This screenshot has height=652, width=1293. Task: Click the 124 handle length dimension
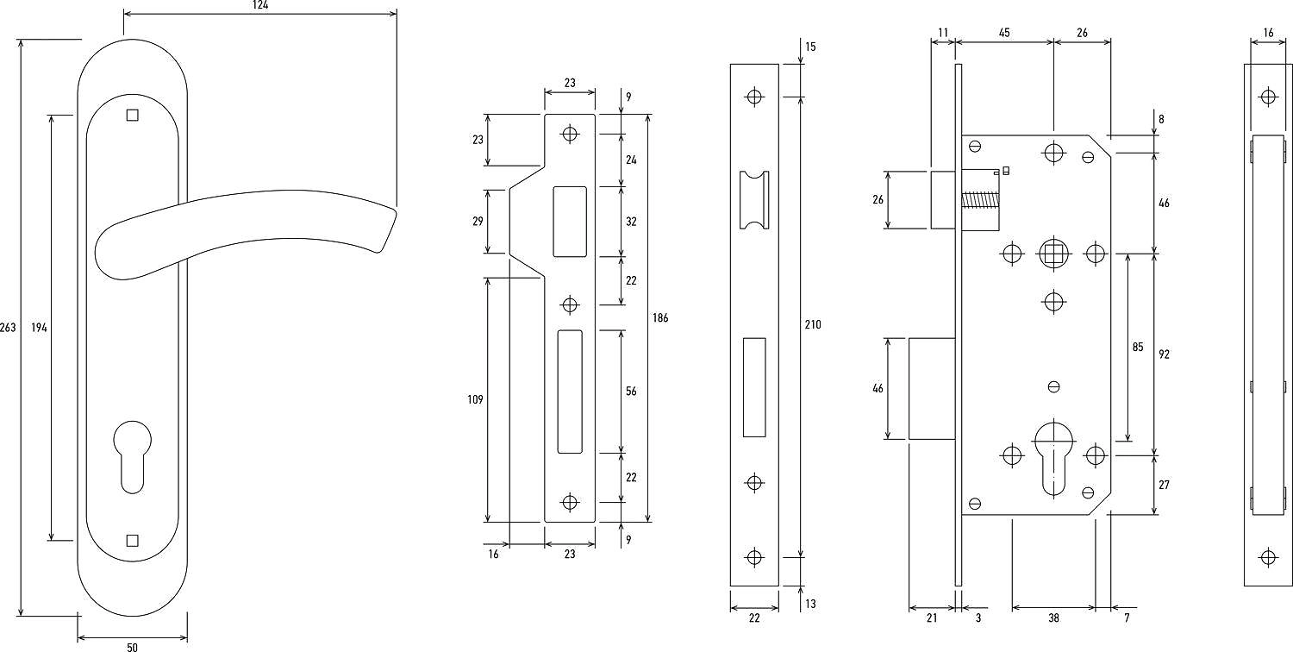click(260, 5)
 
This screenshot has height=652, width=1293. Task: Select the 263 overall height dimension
click(9, 328)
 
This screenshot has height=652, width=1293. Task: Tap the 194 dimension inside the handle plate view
click(39, 328)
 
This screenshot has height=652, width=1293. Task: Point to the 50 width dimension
click(132, 646)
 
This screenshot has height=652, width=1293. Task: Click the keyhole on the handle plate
click(132, 453)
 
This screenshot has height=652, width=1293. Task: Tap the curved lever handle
click(241, 229)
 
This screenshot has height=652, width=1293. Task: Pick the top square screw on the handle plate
click(132, 115)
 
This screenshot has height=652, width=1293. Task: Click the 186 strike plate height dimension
click(660, 318)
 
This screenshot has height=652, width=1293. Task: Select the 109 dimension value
click(475, 399)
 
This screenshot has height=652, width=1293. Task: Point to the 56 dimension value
click(631, 392)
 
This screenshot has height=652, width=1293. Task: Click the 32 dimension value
click(631, 222)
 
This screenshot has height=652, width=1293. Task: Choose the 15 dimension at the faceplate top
click(810, 46)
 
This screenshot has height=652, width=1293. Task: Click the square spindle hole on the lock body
click(1053, 254)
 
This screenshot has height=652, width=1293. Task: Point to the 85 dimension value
click(1138, 348)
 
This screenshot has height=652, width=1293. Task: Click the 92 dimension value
click(1164, 354)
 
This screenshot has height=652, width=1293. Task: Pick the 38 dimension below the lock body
click(1053, 618)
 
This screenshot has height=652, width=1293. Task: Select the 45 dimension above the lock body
click(1004, 33)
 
